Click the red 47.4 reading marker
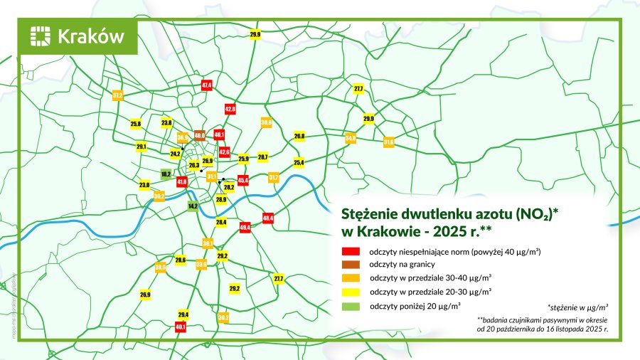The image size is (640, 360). click(x=207, y=85)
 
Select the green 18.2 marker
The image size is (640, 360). click(x=165, y=174)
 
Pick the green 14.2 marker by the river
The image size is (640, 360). click(x=192, y=206)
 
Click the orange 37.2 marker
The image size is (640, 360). click(x=118, y=94)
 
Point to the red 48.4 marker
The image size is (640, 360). click(x=268, y=218)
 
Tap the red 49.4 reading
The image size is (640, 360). click(x=245, y=227)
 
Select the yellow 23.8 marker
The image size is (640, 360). click(x=166, y=123)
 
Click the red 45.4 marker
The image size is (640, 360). click(x=242, y=181)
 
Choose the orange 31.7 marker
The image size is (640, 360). click(x=274, y=176)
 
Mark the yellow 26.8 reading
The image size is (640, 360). click(x=299, y=136)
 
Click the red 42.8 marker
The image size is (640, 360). click(x=230, y=110)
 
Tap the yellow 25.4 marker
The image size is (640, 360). click(x=299, y=163)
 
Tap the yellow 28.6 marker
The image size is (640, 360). click(x=180, y=260)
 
